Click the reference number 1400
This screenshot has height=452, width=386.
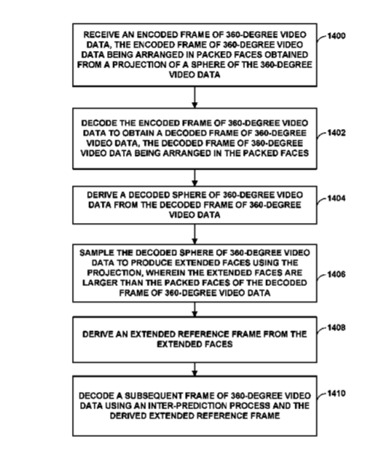337,36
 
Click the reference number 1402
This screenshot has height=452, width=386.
337,133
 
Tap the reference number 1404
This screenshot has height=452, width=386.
337,198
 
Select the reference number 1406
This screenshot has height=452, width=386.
337,274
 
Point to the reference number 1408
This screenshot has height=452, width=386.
337,328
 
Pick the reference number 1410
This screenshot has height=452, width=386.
337,393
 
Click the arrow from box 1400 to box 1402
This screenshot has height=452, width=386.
195,97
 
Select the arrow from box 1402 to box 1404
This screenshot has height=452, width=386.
195,177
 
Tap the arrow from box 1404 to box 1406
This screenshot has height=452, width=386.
195,234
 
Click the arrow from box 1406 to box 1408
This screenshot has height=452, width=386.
195,309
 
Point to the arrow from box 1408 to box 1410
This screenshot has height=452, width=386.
195,369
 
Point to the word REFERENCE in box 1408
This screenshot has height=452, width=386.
204,334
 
